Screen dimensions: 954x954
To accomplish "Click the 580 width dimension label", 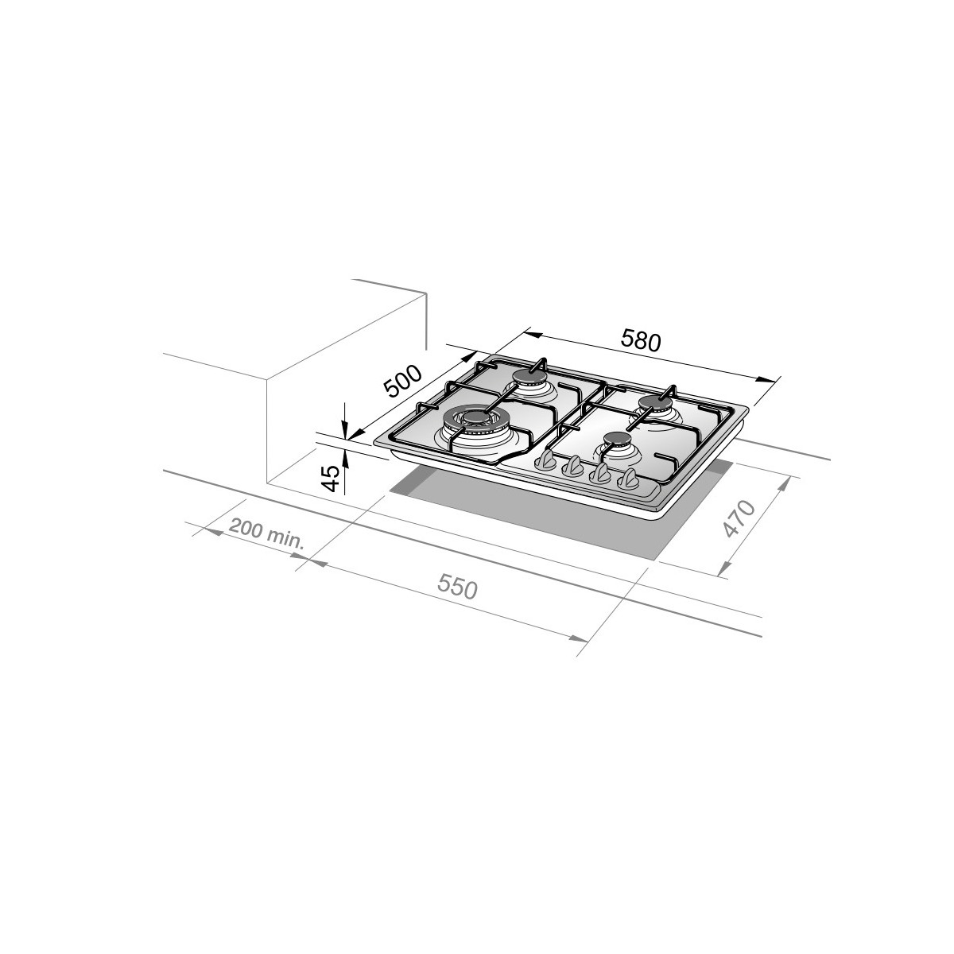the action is pos(641,340).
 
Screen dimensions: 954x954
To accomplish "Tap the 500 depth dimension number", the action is pos(404,382).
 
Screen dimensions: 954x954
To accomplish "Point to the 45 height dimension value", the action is pos(331,479).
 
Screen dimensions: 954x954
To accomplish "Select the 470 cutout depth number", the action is pos(739,518).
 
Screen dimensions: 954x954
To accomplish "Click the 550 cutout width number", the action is pos(457,588).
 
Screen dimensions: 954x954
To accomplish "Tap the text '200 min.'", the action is pos(266,534).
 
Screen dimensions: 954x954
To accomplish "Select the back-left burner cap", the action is pos(529,378).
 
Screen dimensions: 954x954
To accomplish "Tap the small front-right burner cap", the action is pos(618,438).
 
